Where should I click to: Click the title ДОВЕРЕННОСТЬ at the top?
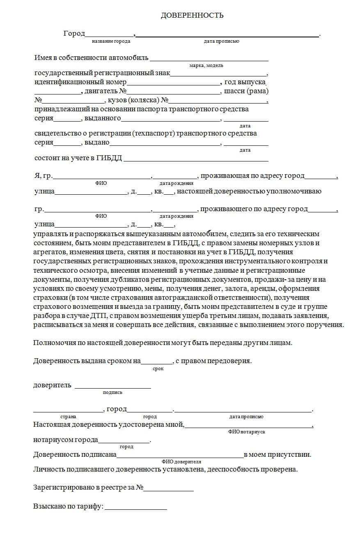pos(192,16)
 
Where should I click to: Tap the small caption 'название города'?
pos(111,41)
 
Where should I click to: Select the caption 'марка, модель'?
pos(206,65)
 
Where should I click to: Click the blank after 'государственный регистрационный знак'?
pos(218,75)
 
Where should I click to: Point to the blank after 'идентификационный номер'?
pos(174,83)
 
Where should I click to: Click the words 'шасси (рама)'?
pos(246,91)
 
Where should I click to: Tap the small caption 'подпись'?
pos(112,392)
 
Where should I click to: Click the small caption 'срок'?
pos(158,369)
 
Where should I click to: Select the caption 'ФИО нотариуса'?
pos(246,432)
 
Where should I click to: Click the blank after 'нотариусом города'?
pos(124,442)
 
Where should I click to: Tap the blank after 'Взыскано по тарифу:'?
pos(136,509)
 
